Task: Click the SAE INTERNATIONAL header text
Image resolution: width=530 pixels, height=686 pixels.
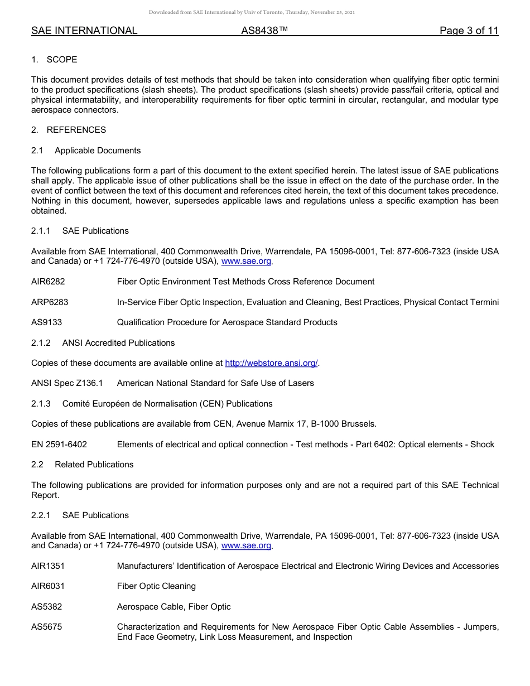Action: pyautogui.click(x=84, y=31)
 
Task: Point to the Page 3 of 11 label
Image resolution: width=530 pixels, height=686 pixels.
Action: pyautogui.click(x=469, y=31)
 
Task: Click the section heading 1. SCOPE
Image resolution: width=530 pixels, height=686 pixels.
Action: pyautogui.click(x=54, y=60)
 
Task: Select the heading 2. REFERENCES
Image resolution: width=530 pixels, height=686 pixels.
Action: pyautogui.click(x=68, y=130)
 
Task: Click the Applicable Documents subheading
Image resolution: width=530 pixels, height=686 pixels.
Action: pyautogui.click(x=98, y=151)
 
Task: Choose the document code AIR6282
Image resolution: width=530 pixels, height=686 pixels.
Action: pyautogui.click(x=47, y=282)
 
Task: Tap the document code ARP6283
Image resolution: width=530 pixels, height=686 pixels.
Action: pyautogui.click(x=50, y=302)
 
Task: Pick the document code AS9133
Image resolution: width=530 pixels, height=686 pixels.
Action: pyautogui.click(x=46, y=322)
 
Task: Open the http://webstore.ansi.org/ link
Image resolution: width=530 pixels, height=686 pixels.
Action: pyautogui.click(x=271, y=363)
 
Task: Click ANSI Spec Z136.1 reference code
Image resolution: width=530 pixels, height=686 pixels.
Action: pyautogui.click(x=67, y=383)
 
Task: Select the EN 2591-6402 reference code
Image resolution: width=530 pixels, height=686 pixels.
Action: pyautogui.click(x=59, y=445)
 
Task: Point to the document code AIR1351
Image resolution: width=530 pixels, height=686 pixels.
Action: pyautogui.click(x=47, y=566)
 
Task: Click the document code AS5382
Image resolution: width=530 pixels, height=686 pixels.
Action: pyautogui.click(x=46, y=607)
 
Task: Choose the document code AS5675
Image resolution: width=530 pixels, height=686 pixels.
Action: pyautogui.click(x=46, y=627)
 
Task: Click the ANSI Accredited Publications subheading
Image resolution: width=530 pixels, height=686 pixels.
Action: pyautogui.click(x=118, y=343)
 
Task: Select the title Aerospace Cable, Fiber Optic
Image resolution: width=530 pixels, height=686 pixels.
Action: pyautogui.click(x=174, y=607)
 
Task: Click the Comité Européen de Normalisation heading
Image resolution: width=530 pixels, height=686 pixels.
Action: pyautogui.click(x=167, y=404)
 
